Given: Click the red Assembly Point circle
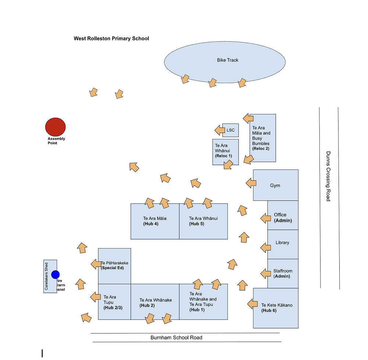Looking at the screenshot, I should [x=55, y=127].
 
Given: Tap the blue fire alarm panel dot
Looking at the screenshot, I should [x=55, y=274].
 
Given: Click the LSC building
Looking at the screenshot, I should [x=230, y=130].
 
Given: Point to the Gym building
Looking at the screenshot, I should [x=276, y=185].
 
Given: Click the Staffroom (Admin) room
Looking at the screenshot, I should [x=283, y=273].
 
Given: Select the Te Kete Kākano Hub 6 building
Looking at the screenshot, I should [x=276, y=308].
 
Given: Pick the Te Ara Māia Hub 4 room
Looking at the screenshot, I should [x=155, y=221].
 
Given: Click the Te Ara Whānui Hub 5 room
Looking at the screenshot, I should [x=203, y=221].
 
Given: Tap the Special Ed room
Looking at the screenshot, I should [x=114, y=265].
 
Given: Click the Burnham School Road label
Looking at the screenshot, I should [x=176, y=338].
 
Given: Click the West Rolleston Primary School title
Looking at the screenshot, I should [x=111, y=38].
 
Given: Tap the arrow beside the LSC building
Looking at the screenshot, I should [x=220, y=130].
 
